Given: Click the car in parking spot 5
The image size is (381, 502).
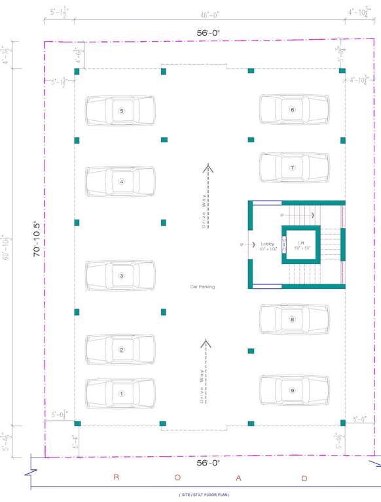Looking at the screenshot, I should click(121, 111).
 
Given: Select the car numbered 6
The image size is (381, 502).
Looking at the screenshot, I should click(294, 110).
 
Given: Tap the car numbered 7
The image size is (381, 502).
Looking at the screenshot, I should click(294, 168).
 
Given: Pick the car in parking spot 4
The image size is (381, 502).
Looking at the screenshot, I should click(121, 182).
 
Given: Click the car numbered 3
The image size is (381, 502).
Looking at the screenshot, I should click(121, 276).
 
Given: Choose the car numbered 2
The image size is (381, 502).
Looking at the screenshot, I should click(121, 350).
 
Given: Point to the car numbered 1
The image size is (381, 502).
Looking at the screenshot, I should click(121, 393).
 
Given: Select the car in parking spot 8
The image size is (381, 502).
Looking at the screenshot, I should click(294, 320).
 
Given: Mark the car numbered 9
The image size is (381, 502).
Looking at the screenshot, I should click(294, 390).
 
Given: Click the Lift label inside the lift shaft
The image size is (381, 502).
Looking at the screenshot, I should click(301, 243).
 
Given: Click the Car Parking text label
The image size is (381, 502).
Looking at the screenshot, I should click(202, 287).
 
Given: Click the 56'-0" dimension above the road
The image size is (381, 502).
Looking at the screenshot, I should click(208, 463).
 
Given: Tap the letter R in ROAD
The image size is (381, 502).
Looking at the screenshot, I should click(117, 478).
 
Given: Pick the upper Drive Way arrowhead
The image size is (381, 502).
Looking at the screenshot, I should click(208, 168).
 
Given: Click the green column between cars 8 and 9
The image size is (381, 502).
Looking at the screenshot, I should click(251, 351).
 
